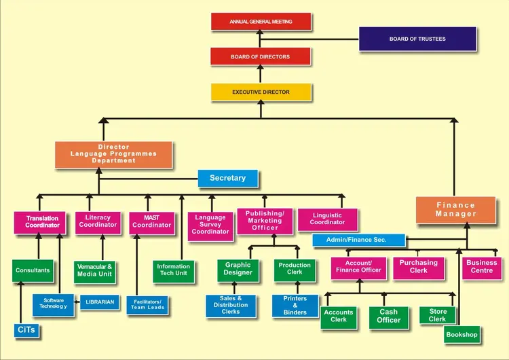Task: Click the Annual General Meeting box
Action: pyautogui.click(x=261, y=22)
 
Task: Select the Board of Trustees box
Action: pyautogui.click(x=417, y=39)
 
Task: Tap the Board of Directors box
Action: pyautogui.click(x=261, y=57)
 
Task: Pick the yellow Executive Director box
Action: pyautogui.click(x=261, y=92)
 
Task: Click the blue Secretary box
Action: pyautogui.click(x=227, y=178)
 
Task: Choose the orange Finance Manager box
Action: pyautogui.click(x=455, y=210)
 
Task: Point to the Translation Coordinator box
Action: pyautogui.click(x=42, y=222)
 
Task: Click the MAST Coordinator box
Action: pyautogui.click(x=151, y=222)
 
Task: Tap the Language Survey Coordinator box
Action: pyautogui.click(x=210, y=225)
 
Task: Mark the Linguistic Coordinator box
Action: pyautogui.click(x=327, y=219)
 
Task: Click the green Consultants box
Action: pyautogui.click(x=33, y=270)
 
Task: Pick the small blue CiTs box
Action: pyautogui.click(x=25, y=330)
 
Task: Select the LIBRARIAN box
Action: pyautogui.click(x=100, y=302)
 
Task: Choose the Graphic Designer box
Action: pyautogui.click(x=238, y=270)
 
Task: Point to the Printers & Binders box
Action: pyautogui.click(x=295, y=306)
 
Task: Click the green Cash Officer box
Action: pyautogui.click(x=388, y=317)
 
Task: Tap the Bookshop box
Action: pyautogui.click(x=462, y=334)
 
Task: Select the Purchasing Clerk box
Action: pyautogui.click(x=418, y=267)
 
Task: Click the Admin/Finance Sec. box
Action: pyautogui.click(x=358, y=240)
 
